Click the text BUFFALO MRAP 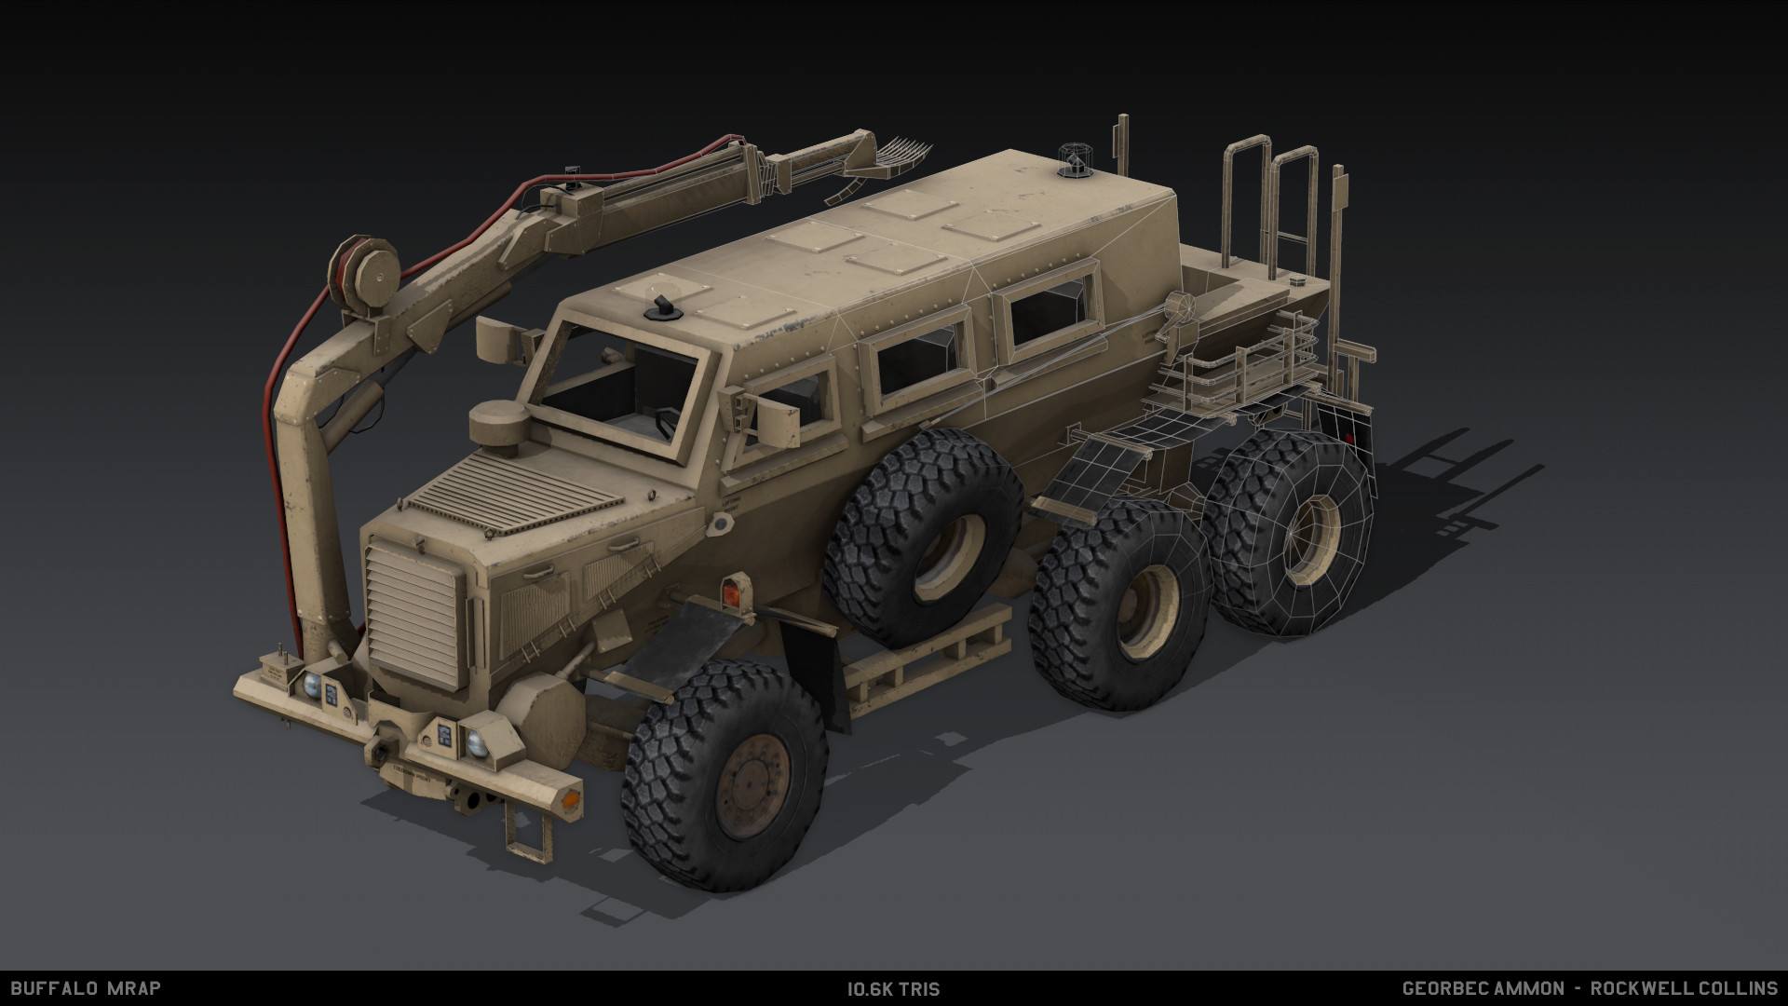tap(86, 988)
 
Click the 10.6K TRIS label tap(893, 989)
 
